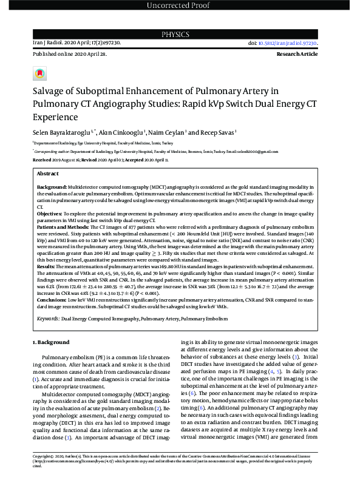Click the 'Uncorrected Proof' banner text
pyautogui.click(x=180, y=6)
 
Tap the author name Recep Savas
pyautogui.click(x=217, y=132)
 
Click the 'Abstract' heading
pyautogui.click(x=47, y=174)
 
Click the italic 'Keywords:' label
pyautogui.click(x=48, y=318)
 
